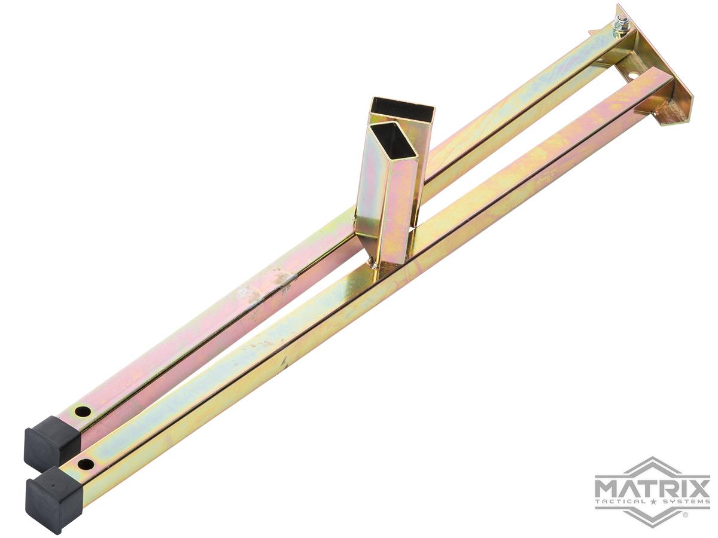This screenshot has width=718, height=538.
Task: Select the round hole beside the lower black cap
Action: (x=86, y=463)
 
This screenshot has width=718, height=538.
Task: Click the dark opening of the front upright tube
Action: (x=392, y=142)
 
